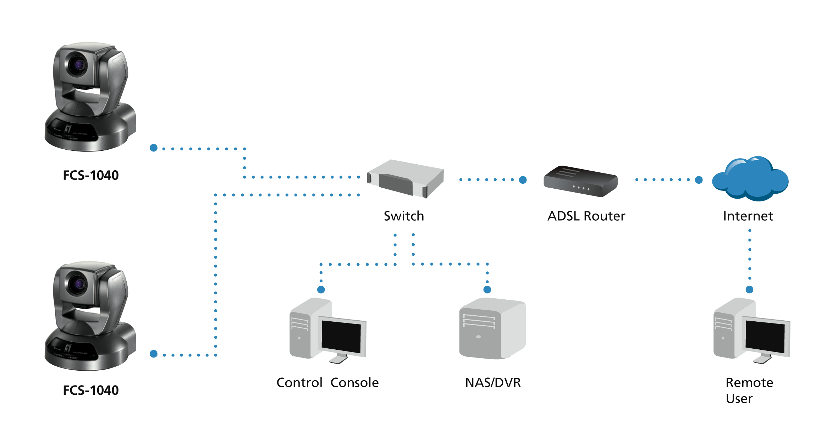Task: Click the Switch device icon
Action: point(405,179)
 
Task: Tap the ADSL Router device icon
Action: point(580,181)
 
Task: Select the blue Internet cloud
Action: point(750,179)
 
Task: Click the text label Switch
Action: point(404,216)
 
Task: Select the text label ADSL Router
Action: point(586,216)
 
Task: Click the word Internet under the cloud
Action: point(748,216)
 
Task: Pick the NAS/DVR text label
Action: point(493,383)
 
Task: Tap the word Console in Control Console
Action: point(354,383)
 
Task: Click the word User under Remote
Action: point(739,399)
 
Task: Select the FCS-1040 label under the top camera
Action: point(91,175)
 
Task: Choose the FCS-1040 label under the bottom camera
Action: point(91,390)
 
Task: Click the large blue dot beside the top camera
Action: point(154,148)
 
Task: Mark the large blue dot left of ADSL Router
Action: point(523,180)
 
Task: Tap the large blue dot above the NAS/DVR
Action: point(487,289)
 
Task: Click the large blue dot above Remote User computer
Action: point(749,289)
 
